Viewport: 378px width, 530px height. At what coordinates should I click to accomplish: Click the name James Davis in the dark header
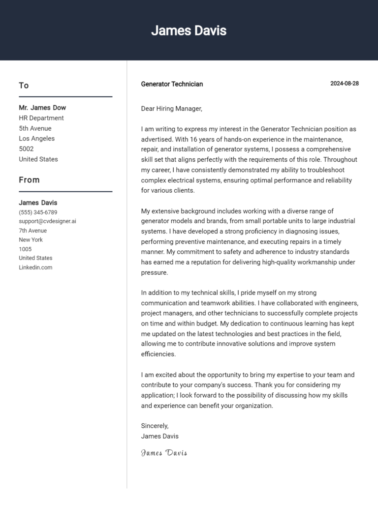pos(189,30)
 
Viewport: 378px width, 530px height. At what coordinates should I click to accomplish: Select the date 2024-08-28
pos(344,84)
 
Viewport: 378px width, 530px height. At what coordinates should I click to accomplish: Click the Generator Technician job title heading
pos(172,84)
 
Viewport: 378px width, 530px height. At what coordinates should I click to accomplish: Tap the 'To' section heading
pos(24,86)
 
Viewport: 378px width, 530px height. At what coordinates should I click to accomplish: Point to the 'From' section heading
pos(29,180)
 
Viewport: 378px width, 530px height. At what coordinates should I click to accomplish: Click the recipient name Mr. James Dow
pos(42,108)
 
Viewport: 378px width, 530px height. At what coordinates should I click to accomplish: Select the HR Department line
pos(41,118)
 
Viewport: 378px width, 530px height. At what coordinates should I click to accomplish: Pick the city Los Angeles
pos(37,139)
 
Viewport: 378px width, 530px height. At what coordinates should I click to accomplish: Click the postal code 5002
pos(26,149)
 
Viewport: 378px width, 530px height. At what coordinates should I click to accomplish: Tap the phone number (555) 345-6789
pos(38,212)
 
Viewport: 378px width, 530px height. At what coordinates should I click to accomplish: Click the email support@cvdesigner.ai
pos(47,221)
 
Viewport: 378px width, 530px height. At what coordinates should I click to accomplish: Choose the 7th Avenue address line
pos(33,231)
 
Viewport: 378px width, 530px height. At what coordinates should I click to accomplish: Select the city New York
pos(31,240)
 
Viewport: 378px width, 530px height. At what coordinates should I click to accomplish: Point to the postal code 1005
pos(25,249)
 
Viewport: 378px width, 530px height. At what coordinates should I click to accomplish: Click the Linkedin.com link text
pos(35,267)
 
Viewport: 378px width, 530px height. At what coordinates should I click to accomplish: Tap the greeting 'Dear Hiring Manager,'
pos(172,109)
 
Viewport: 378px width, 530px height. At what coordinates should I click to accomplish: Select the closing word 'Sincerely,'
pos(155,426)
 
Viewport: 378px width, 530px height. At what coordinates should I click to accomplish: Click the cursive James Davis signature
pos(164,453)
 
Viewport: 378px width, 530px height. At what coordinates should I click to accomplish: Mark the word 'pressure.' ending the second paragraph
pos(155,272)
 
